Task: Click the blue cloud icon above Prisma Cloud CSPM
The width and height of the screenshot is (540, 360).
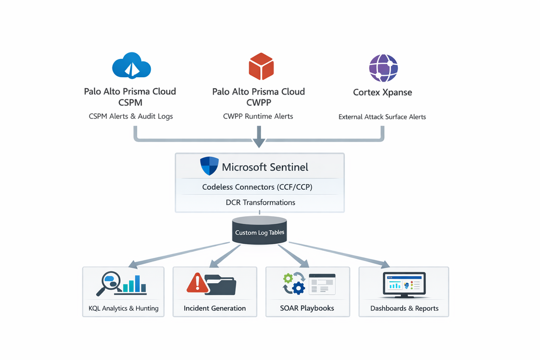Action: click(x=131, y=66)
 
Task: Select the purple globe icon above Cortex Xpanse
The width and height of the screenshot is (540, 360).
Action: click(x=383, y=68)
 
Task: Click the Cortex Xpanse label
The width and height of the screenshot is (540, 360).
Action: click(x=383, y=92)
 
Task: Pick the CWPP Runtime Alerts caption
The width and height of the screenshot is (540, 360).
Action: click(x=258, y=116)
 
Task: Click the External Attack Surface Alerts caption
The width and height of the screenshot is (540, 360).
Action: click(x=382, y=117)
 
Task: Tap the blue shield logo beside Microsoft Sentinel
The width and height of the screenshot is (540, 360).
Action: click(x=209, y=166)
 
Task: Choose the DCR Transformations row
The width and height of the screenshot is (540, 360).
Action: click(x=260, y=202)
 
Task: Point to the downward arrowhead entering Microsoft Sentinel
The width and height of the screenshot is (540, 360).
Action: click(x=259, y=143)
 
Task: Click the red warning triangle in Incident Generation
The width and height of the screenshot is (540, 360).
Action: click(x=198, y=283)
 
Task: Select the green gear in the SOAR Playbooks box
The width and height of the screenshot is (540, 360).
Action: click(x=288, y=278)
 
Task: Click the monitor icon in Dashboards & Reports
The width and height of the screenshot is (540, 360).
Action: click(x=404, y=284)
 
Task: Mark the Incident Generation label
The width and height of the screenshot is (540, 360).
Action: click(x=215, y=308)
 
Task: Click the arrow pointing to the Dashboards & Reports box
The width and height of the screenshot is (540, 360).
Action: click(x=385, y=264)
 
